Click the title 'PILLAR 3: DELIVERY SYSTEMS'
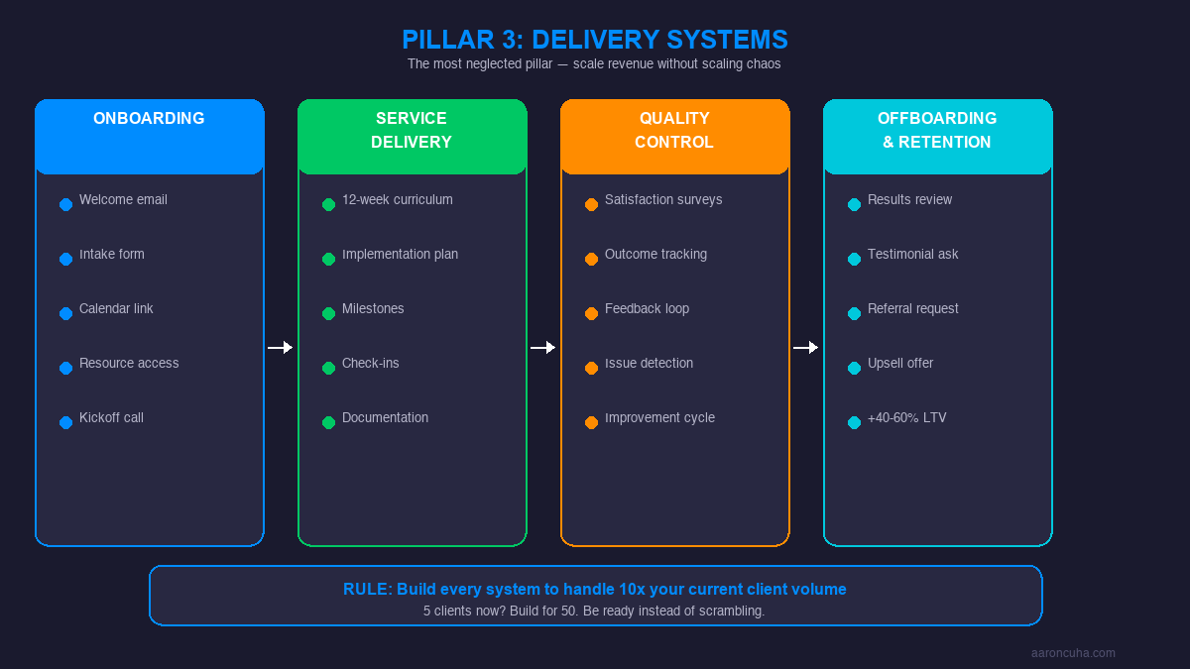[595, 40]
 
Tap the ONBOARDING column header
[149, 119]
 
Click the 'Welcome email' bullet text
[123, 200]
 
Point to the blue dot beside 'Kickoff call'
[65, 422]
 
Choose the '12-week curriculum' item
[397, 200]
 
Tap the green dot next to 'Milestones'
[328, 313]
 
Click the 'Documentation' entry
[385, 418]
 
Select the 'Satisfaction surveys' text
[663, 200]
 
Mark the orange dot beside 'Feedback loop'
[591, 313]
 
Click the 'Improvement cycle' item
[659, 418]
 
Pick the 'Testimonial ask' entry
[912, 255]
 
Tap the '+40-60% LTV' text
[906, 418]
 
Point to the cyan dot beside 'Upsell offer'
[854, 368]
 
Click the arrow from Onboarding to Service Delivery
[281, 347]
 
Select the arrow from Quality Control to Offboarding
[806, 347]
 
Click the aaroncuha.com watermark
[1073, 653]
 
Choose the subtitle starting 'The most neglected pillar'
[594, 64]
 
